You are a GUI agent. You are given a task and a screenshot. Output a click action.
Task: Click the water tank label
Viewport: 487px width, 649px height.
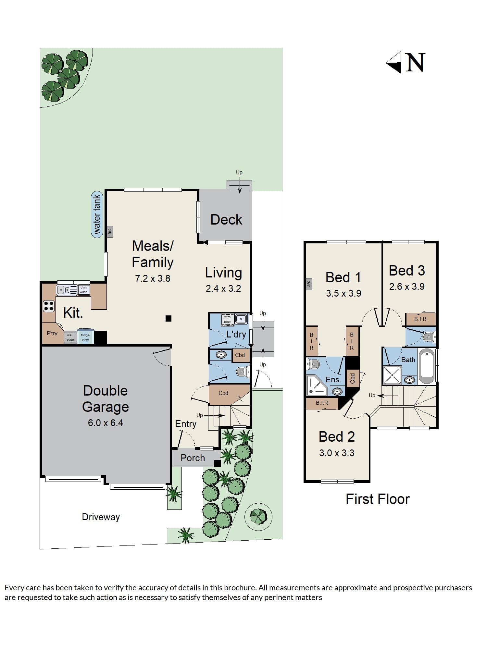coord(97,214)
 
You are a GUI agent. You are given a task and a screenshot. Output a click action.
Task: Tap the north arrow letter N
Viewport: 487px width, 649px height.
coord(415,63)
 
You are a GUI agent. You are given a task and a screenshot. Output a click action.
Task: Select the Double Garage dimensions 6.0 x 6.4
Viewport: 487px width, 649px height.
coord(106,423)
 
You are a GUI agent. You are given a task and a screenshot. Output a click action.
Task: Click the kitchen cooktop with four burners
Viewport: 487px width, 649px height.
coord(49,306)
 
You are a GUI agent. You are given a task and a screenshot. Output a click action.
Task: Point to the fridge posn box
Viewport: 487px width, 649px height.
coord(85,337)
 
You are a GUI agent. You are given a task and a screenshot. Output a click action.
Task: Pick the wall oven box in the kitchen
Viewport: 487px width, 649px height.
coord(70,337)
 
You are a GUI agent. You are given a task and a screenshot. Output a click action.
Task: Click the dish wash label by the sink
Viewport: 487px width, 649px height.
coord(83,290)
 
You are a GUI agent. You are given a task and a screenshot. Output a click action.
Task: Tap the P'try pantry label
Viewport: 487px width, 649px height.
coord(52,333)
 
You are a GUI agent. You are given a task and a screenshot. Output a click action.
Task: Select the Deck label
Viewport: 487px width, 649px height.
coord(226,220)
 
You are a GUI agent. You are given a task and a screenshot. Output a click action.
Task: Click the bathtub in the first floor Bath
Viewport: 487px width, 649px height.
coord(427,366)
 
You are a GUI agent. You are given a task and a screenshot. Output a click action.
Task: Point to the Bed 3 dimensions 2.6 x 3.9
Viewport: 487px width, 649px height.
coord(407,287)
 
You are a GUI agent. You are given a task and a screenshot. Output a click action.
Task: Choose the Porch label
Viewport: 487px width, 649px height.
coord(193,458)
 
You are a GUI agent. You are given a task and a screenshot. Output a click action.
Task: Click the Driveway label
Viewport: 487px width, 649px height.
coord(101,517)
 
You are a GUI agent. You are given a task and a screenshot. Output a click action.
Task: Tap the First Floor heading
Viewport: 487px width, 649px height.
coord(378,499)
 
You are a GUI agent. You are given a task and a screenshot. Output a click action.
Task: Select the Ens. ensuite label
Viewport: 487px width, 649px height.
coord(333,380)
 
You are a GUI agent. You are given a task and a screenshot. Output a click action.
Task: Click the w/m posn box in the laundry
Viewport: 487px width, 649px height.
coord(227,319)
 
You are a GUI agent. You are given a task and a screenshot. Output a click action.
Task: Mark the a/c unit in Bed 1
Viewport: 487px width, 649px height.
coord(309,284)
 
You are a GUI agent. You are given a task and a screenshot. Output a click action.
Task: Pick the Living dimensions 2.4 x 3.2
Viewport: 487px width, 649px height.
coord(223,288)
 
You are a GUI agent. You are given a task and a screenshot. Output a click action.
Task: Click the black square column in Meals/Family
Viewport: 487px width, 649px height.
coord(169,318)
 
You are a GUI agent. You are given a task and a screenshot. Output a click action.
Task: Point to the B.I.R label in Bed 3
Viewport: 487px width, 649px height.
coord(420,319)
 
